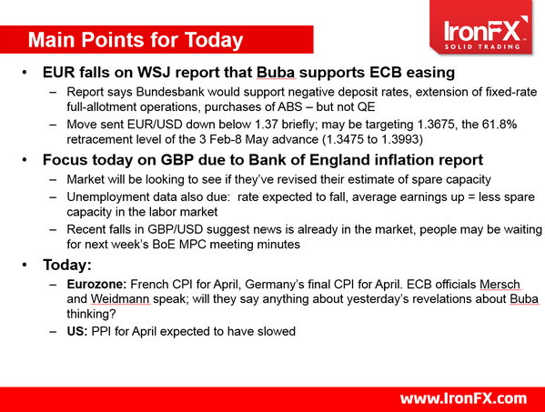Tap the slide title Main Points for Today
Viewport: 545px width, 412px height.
coord(136,40)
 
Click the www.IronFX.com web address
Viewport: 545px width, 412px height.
coord(463,397)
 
